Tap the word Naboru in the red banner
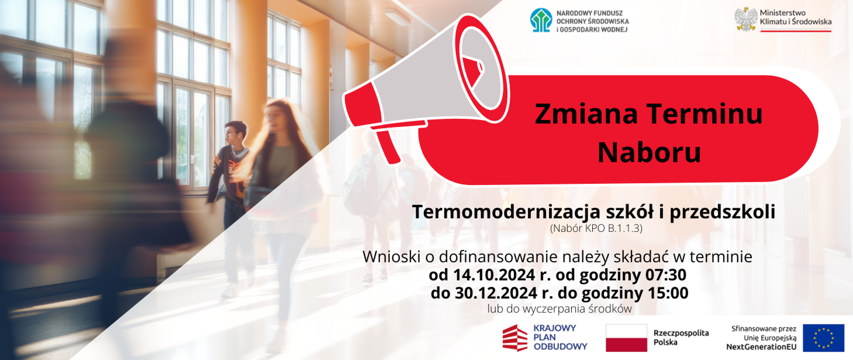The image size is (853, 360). [649, 152]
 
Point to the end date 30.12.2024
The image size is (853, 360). [496, 293]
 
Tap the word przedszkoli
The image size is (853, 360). [722, 212]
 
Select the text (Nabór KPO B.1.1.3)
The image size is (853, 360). [596, 228]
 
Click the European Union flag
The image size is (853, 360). [823, 338]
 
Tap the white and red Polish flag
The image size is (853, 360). [626, 338]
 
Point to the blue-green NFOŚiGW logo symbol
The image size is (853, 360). [541, 20]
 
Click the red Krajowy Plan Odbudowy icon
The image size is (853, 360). [515, 338]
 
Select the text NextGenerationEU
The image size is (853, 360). [761, 347]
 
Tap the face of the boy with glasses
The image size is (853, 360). [230, 134]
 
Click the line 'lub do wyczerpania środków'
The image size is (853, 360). [559, 309]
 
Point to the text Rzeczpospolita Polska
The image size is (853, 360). [681, 338]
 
